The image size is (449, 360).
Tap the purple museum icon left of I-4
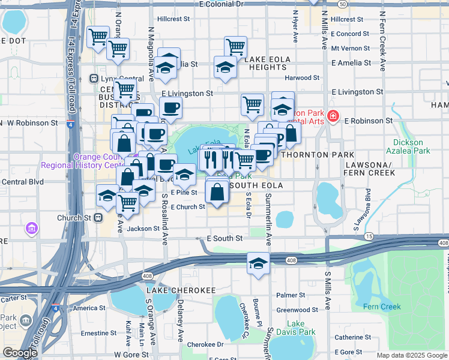[31, 228]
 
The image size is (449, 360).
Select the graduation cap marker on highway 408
[258, 263]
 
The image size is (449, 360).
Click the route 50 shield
[342, 4]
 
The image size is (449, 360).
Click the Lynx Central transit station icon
[94, 79]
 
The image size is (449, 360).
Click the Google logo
[20, 353]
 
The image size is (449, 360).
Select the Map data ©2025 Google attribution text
[411, 355]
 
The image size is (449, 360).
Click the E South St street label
[224, 238]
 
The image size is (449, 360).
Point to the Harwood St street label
[302, 78]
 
